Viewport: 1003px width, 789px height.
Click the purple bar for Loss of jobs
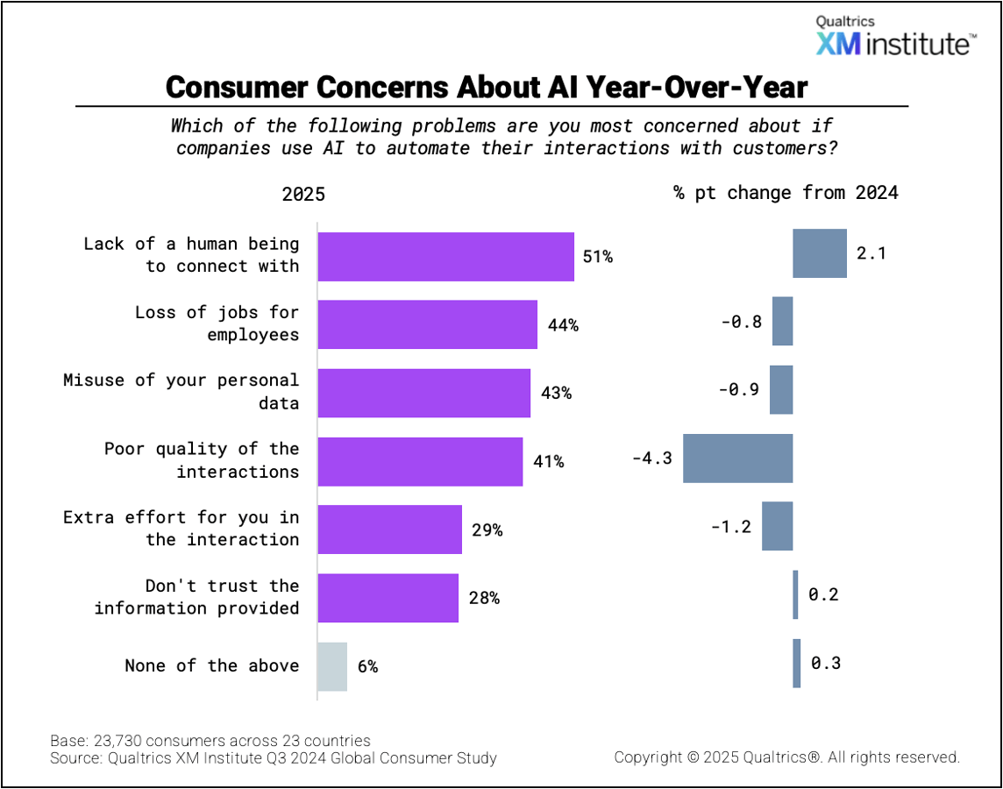427,324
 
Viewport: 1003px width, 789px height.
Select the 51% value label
598,257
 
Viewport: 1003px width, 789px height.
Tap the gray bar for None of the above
332,666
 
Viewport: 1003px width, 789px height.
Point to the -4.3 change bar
737,458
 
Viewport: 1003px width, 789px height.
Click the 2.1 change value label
871,253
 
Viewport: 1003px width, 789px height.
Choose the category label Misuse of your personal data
181,392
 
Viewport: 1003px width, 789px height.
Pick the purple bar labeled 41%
420,461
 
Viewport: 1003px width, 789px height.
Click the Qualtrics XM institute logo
894,36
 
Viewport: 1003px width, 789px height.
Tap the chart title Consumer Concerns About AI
487,87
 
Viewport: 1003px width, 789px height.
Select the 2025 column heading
303,194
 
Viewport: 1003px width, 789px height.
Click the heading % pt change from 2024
786,193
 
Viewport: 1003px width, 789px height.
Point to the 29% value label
487,530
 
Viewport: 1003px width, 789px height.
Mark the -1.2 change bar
777,526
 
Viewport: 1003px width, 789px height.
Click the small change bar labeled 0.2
795,594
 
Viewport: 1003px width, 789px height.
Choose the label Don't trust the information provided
197,597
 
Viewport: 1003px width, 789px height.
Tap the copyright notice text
786,757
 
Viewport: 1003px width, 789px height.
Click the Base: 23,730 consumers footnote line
210,740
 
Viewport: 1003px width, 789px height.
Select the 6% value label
367,667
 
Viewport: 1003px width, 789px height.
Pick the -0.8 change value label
742,322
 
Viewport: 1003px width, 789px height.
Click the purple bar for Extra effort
389,530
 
